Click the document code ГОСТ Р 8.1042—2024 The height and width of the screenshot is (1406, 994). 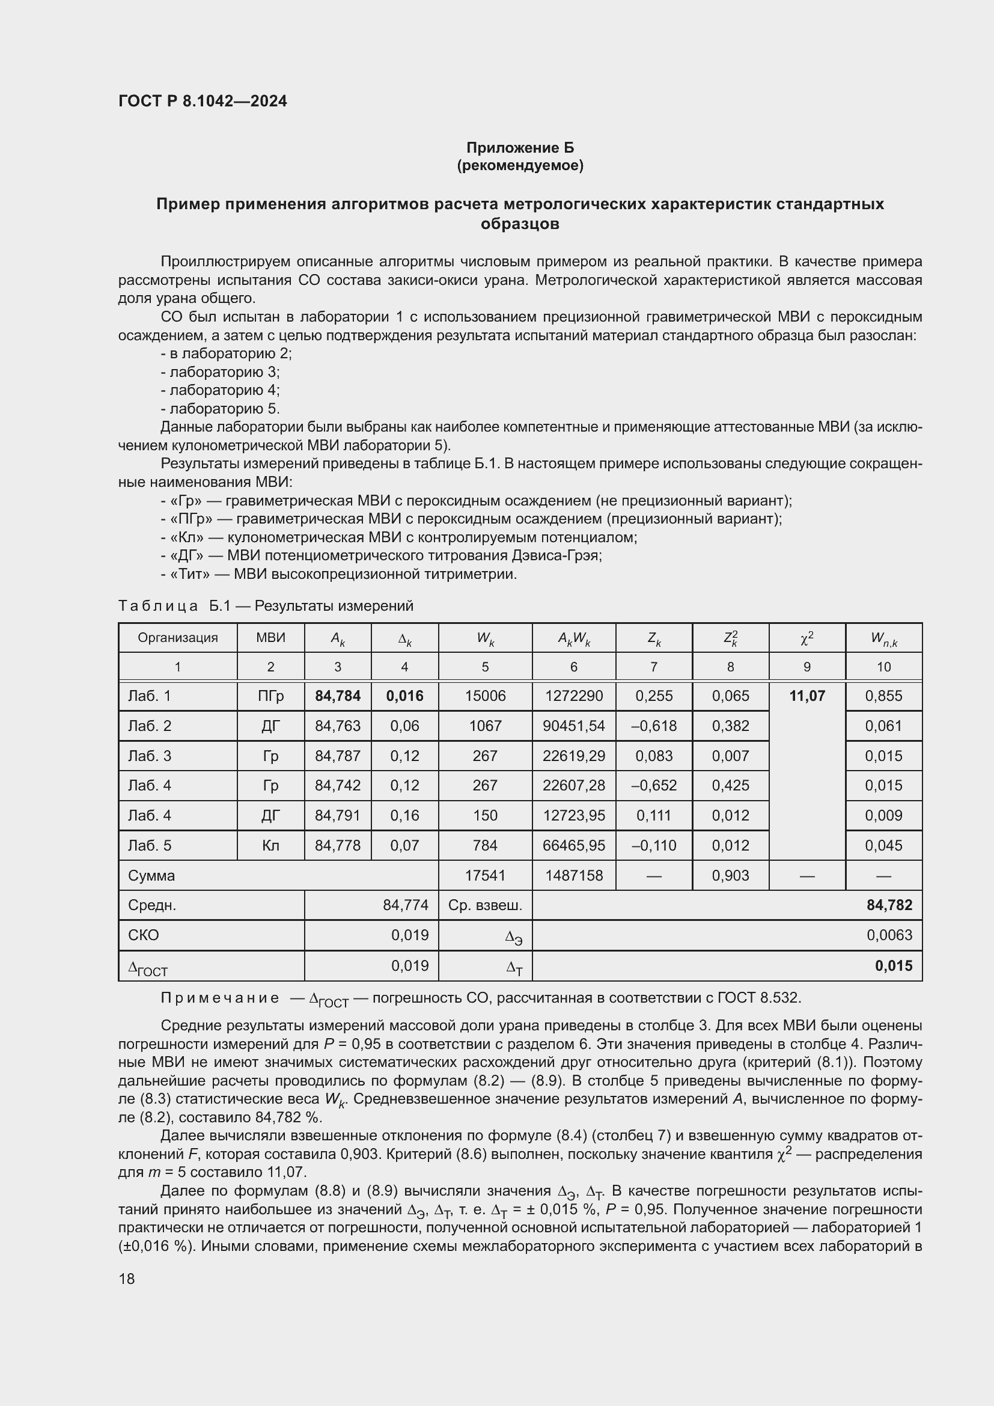click(203, 101)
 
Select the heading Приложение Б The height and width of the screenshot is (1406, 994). click(520, 148)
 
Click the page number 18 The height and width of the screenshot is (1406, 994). click(127, 1279)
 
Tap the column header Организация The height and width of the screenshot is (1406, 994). click(177, 637)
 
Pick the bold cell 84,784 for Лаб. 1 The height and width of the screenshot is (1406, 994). click(337, 695)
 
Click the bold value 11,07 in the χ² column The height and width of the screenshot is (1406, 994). click(806, 695)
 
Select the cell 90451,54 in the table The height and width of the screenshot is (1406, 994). click(573, 726)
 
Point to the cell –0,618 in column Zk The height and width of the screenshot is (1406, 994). click(654, 726)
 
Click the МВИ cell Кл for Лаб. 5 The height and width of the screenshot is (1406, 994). click(270, 845)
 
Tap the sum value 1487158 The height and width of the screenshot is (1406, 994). click(573, 875)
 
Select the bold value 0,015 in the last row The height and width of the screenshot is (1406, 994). click(893, 966)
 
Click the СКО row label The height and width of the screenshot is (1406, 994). click(143, 935)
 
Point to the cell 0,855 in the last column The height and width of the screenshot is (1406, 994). click(883, 695)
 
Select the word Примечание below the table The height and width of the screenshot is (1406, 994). click(220, 998)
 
